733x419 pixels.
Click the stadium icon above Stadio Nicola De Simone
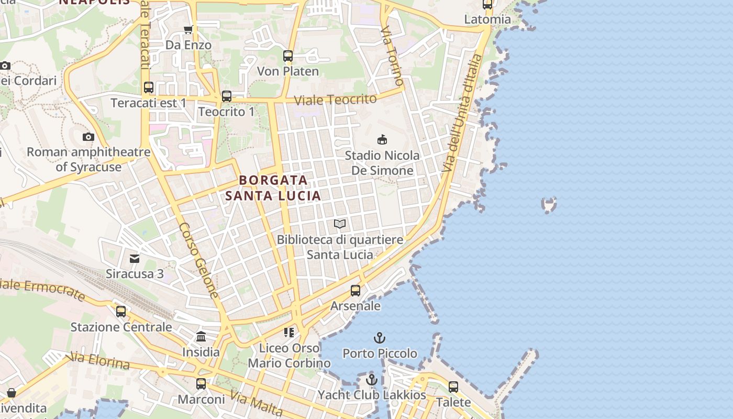(x=383, y=139)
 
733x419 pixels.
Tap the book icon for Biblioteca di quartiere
(x=340, y=224)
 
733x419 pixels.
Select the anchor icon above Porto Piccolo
(x=380, y=338)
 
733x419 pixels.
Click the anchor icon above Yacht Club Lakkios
(x=372, y=380)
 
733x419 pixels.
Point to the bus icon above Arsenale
(x=356, y=290)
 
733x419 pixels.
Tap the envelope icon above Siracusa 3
(x=135, y=258)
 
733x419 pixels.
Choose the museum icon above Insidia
(x=201, y=336)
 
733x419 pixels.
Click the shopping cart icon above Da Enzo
(x=188, y=29)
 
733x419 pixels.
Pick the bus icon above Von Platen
(x=288, y=56)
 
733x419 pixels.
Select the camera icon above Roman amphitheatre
(x=88, y=137)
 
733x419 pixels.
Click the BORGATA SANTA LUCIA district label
(x=273, y=188)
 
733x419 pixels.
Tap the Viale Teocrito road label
(x=335, y=100)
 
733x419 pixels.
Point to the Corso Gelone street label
(x=198, y=260)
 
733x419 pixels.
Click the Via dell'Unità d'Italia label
(x=461, y=113)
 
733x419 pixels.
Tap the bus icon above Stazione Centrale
(x=121, y=312)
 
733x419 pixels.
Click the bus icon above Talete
(x=453, y=387)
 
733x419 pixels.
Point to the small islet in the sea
(x=549, y=204)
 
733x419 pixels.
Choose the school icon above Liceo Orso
(x=288, y=333)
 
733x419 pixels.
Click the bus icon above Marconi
(x=201, y=384)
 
